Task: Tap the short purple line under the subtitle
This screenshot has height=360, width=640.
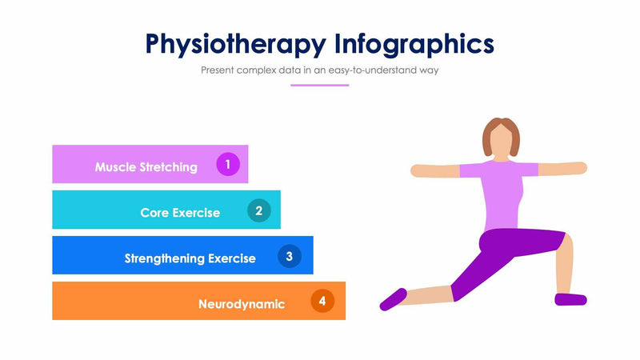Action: coord(319,85)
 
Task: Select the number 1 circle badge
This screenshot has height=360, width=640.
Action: coord(228,165)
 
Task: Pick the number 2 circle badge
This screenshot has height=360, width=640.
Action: coord(258,210)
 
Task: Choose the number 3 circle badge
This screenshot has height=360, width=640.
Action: coord(290,256)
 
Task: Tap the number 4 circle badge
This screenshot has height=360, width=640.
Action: coord(322,302)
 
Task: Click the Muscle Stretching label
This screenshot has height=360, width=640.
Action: coord(146,167)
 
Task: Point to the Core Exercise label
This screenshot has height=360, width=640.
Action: coord(180,213)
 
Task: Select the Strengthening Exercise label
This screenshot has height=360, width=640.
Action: coord(190,258)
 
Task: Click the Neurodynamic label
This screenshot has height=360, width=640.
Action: coord(242,304)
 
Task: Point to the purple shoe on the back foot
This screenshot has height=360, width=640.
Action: coord(393,298)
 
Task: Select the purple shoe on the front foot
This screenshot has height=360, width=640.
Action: coord(570,299)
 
